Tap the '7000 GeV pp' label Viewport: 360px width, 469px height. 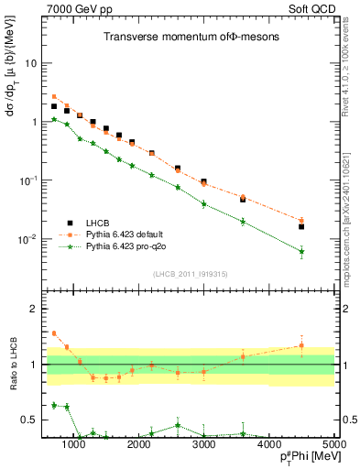point(76,8)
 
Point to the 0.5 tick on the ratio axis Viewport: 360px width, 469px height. point(35,420)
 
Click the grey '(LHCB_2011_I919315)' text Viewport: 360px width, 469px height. point(184,274)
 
